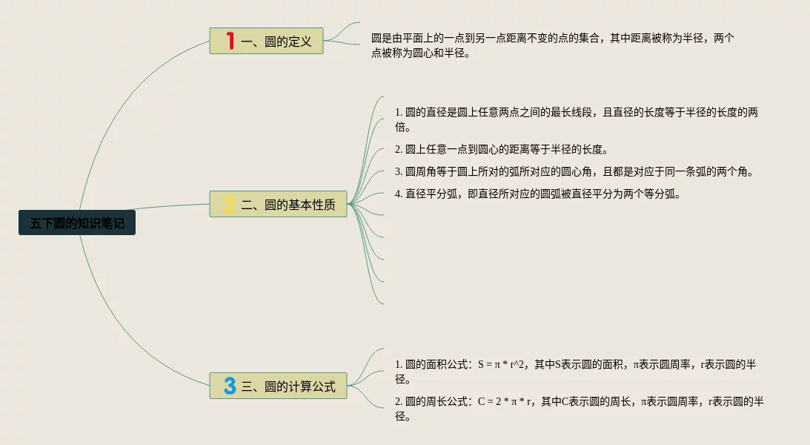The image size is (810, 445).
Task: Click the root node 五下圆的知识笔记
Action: pyautogui.click(x=77, y=223)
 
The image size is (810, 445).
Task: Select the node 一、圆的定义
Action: pyautogui.click(x=267, y=42)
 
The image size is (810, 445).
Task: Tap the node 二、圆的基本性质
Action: pyautogui.click(x=278, y=205)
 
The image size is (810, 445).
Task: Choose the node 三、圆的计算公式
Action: pyautogui.click(x=278, y=386)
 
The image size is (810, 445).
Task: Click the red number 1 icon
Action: pyautogui.click(x=230, y=41)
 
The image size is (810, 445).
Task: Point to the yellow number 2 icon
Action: pyautogui.click(x=230, y=205)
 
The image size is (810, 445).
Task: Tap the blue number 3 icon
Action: pyautogui.click(x=230, y=386)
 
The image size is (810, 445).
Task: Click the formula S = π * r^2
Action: pyautogui.click(x=502, y=364)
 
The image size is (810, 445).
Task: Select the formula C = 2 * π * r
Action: pyautogui.click(x=505, y=401)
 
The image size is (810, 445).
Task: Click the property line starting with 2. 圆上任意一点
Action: pyautogui.click(x=501, y=149)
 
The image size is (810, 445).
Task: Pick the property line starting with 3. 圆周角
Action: pyautogui.click(x=574, y=172)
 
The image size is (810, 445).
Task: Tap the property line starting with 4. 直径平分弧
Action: pyautogui.click(x=537, y=194)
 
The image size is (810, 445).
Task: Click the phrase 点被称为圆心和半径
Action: pyautogui.click(x=420, y=53)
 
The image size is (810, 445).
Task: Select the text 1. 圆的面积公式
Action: pyautogui.click(x=433, y=364)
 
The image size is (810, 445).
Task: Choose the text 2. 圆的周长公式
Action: pyautogui.click(x=433, y=401)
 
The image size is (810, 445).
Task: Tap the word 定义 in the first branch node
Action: pyautogui.click(x=300, y=42)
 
